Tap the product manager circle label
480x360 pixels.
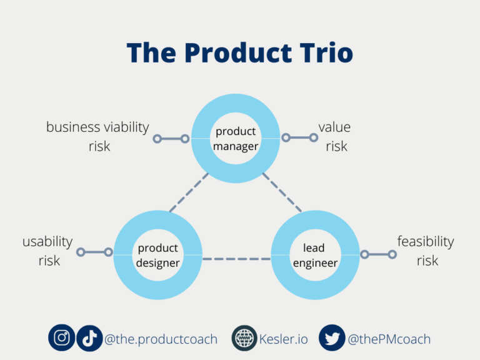[236, 139]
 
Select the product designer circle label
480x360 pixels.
[158, 256]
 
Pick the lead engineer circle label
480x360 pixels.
[315, 256]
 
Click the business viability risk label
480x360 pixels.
[97, 136]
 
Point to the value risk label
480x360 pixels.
[335, 136]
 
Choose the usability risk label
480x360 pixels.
[48, 251]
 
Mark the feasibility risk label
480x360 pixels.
[426, 251]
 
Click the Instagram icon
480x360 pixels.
[62, 338]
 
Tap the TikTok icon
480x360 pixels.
[89, 338]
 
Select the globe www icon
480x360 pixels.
[244, 339]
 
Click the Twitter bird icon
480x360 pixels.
[332, 338]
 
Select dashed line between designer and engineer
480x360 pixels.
[236, 258]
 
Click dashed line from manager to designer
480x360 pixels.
[189, 192]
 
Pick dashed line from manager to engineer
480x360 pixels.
[282, 192]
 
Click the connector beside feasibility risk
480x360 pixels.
[378, 254]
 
